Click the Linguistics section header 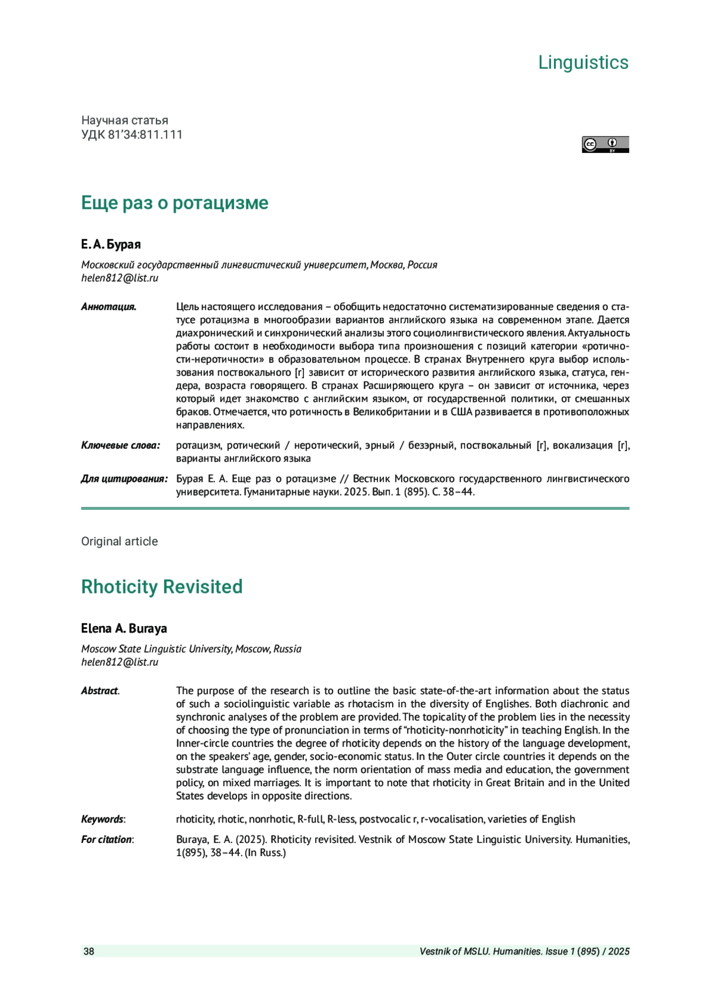coord(583,62)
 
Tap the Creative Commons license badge coord(605,145)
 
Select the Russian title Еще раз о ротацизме coord(174,203)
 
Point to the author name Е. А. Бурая coord(111,244)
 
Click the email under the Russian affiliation coord(120,278)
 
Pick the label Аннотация coord(108,306)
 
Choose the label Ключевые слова coord(120,445)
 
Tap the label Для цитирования coord(124,478)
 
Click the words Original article coord(120,541)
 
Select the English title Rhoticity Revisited coord(162,586)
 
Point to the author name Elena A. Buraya coord(124,628)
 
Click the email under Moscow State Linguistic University coord(120,662)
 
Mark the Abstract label coord(100,691)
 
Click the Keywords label coord(103,819)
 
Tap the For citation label coord(107,839)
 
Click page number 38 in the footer coord(89,951)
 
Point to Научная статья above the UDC coord(124,120)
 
